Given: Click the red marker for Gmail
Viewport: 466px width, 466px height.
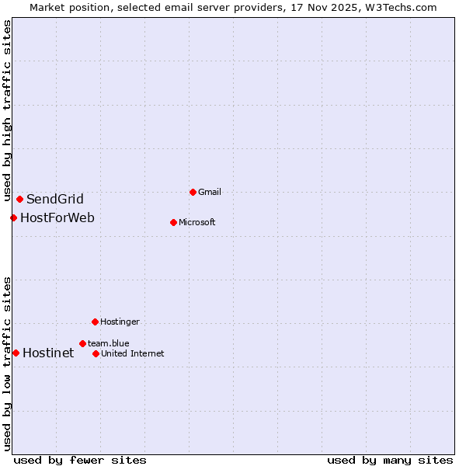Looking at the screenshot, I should click(193, 192).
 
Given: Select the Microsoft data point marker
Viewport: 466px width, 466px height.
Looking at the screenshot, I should click(173, 222).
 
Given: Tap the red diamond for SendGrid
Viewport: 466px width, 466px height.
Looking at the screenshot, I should click(19, 199).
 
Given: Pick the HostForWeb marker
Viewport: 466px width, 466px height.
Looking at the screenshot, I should click(13, 217).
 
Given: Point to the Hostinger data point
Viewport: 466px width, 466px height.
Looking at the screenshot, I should click(95, 322).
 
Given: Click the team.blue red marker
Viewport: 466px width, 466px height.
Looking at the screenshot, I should click(82, 343).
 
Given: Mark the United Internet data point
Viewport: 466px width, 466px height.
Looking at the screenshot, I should click(96, 353).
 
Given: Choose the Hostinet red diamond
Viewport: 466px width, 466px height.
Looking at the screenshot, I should click(16, 353).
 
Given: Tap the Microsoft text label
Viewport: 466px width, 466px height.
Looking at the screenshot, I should click(196, 222).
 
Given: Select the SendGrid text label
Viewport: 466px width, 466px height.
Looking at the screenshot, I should click(54, 199).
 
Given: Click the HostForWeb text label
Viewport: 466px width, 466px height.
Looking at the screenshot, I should click(57, 217).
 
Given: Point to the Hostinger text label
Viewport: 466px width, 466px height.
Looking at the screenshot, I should click(120, 322).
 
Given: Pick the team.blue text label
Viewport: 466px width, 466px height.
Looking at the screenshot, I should click(108, 343).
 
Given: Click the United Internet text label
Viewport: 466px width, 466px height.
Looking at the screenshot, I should click(132, 353).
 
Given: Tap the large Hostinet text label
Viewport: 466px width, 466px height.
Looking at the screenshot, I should click(48, 353).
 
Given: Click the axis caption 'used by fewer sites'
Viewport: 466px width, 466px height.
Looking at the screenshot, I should click(80, 460).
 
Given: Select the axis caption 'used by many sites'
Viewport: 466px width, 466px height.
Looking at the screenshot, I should click(390, 460).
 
